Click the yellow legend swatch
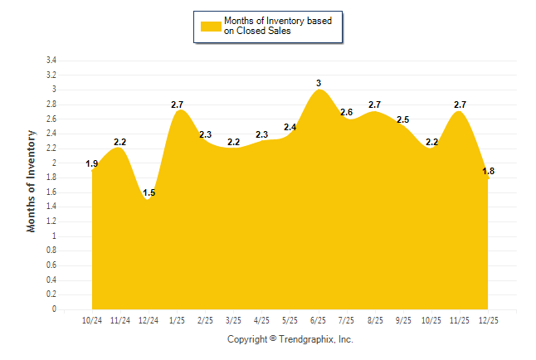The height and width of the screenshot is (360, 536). [210, 26]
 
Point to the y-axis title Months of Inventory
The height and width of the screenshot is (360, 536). [32, 181]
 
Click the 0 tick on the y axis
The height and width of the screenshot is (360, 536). [54, 309]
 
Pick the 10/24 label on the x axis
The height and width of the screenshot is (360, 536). [92, 320]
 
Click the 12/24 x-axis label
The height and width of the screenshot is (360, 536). [149, 320]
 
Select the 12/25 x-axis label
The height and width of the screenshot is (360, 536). [488, 320]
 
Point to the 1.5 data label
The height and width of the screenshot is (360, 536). [149, 193]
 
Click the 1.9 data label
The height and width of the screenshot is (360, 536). [92, 164]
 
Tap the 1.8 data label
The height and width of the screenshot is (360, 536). [488, 172]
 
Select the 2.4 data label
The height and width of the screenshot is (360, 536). [290, 128]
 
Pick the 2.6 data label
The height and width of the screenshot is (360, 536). [347, 112]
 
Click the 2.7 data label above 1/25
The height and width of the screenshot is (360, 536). [177, 105]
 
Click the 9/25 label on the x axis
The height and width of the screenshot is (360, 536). [403, 320]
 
